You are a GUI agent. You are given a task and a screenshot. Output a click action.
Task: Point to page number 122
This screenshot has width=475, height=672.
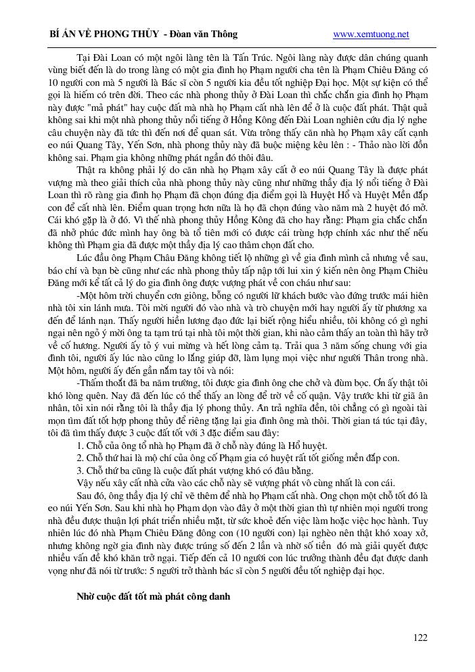tap(420, 637)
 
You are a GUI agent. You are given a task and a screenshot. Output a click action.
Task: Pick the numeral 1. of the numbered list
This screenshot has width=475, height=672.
tap(81, 446)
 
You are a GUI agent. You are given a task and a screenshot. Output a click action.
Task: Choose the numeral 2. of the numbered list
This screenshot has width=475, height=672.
tap(81, 458)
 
